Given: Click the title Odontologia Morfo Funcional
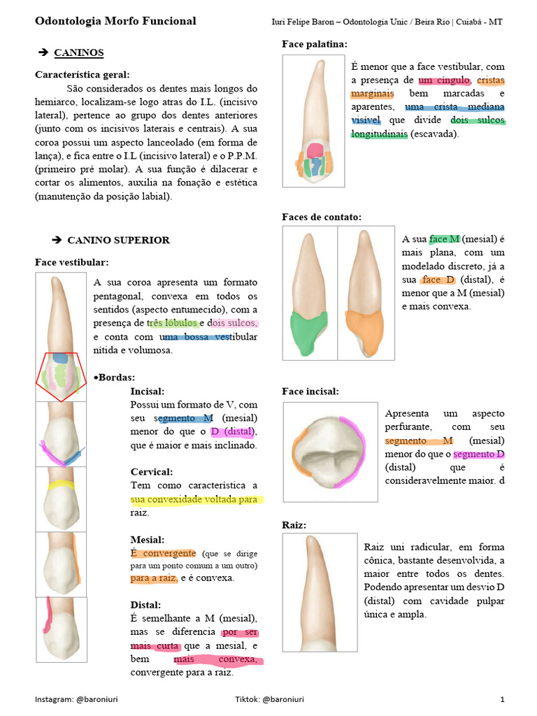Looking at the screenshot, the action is coord(115,21).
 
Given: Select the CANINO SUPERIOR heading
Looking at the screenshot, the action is coord(118,240).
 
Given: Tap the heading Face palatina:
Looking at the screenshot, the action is coord(315,44).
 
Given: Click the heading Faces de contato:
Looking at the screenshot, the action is coord(322,217).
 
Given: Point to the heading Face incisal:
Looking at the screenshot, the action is coord(310,391).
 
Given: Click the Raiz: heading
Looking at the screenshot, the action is coord(294,524).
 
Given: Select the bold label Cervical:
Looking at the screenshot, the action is coord(152,472).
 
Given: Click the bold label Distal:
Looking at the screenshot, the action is coord(145,605).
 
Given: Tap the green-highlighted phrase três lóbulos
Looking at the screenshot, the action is coord(172,323).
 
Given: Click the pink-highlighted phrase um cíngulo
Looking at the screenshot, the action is coord(443,80).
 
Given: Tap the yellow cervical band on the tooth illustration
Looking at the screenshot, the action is coord(61,484).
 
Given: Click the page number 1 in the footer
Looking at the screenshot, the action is coord(502,699).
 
